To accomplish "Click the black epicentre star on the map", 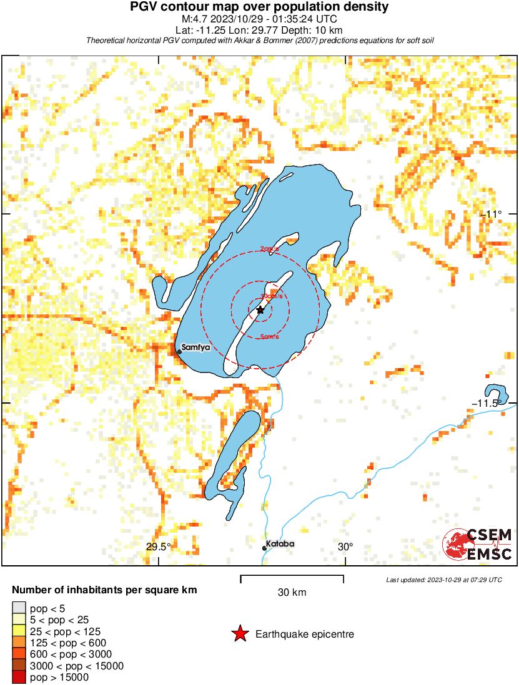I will coord(260,309).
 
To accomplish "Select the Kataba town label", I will coord(280,544).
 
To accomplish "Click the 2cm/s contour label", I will coord(270,250).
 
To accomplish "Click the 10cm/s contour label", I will coord(269,296).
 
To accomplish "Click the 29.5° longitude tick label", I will coord(159,547).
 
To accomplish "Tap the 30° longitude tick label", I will coord(345,547).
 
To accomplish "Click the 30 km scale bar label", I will coord(292,592).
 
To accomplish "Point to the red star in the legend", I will coord(239,634).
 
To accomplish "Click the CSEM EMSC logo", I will coord(478,544).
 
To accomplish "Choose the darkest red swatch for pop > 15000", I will coord(19,677).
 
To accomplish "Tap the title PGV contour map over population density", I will coord(259,7).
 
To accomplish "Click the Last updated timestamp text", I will coord(444,580).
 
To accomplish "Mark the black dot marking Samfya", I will coord(179,352).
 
